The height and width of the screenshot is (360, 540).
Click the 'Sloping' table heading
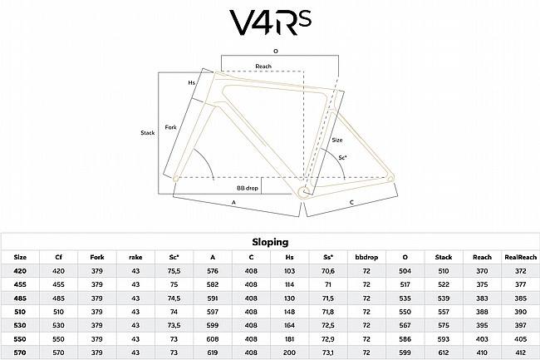click(x=270, y=242)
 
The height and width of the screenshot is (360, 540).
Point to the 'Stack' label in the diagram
click(x=148, y=132)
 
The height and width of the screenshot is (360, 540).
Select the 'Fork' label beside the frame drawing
click(x=171, y=126)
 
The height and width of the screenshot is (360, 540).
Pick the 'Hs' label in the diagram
click(x=192, y=82)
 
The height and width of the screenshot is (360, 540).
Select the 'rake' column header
click(x=136, y=257)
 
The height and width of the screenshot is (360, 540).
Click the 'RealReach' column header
click(x=520, y=257)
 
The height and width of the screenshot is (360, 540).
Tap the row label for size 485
click(x=20, y=298)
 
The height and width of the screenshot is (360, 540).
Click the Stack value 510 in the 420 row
click(x=444, y=270)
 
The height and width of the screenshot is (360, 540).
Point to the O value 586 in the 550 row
click(x=405, y=338)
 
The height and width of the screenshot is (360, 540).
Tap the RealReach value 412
click(x=520, y=352)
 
